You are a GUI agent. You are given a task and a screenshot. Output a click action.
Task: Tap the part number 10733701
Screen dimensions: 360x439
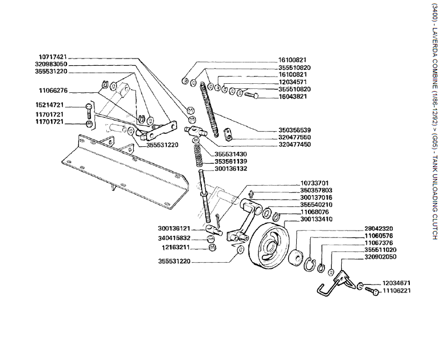point(315,199)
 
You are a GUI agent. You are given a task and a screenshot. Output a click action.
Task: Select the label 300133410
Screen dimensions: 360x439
point(315,235)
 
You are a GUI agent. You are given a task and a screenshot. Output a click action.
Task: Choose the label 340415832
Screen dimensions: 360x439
point(174,238)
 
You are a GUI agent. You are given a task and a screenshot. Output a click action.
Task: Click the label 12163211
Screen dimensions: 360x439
point(176,247)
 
